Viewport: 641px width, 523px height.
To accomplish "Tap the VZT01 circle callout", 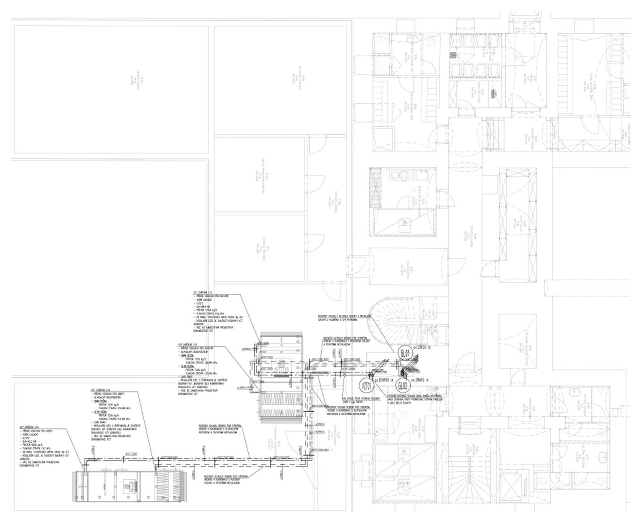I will tap(366, 386).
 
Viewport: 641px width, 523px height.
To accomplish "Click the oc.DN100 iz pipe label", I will tap(384, 379).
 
